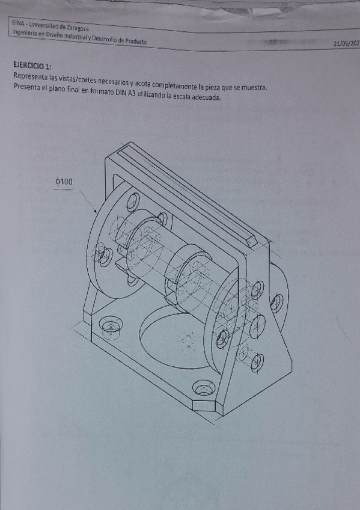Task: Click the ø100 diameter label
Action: coord(66,181)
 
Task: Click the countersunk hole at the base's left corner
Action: coord(111,327)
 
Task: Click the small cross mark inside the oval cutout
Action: coord(189,342)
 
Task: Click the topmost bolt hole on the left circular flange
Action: coord(133,200)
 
